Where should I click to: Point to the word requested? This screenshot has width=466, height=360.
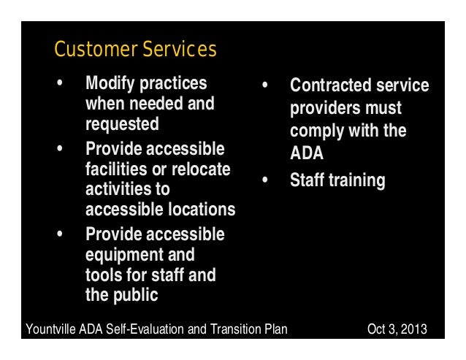point(122,124)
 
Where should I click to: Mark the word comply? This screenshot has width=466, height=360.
point(315,132)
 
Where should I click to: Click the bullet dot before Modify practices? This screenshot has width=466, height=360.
point(60,84)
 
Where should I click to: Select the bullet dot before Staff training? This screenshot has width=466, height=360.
point(266,180)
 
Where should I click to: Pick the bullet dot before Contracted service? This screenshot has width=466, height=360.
point(266,86)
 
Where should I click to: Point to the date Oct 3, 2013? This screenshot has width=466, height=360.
point(397,329)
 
